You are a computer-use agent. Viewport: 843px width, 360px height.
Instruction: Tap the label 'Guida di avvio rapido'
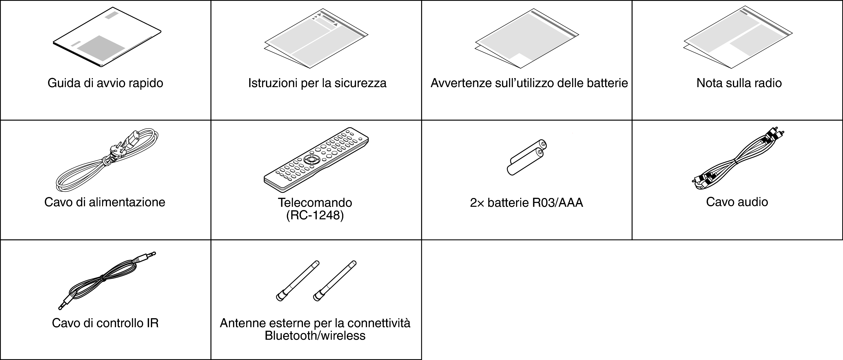click(105, 83)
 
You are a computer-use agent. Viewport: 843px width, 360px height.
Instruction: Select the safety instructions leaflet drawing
click(316, 39)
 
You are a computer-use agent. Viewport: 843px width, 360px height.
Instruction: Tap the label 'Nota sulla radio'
click(739, 83)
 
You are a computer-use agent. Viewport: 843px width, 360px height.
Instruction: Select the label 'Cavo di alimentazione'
click(105, 202)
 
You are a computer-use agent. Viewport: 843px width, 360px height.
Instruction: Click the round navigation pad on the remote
click(310, 159)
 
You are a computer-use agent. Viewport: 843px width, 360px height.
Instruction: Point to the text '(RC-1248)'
click(315, 215)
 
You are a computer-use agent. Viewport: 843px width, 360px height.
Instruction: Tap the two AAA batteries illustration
click(527, 157)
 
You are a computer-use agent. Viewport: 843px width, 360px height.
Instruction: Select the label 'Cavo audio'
click(737, 202)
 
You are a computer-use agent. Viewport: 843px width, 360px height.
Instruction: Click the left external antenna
click(297, 280)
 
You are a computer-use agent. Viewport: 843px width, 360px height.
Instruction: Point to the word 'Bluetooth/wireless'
click(315, 336)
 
